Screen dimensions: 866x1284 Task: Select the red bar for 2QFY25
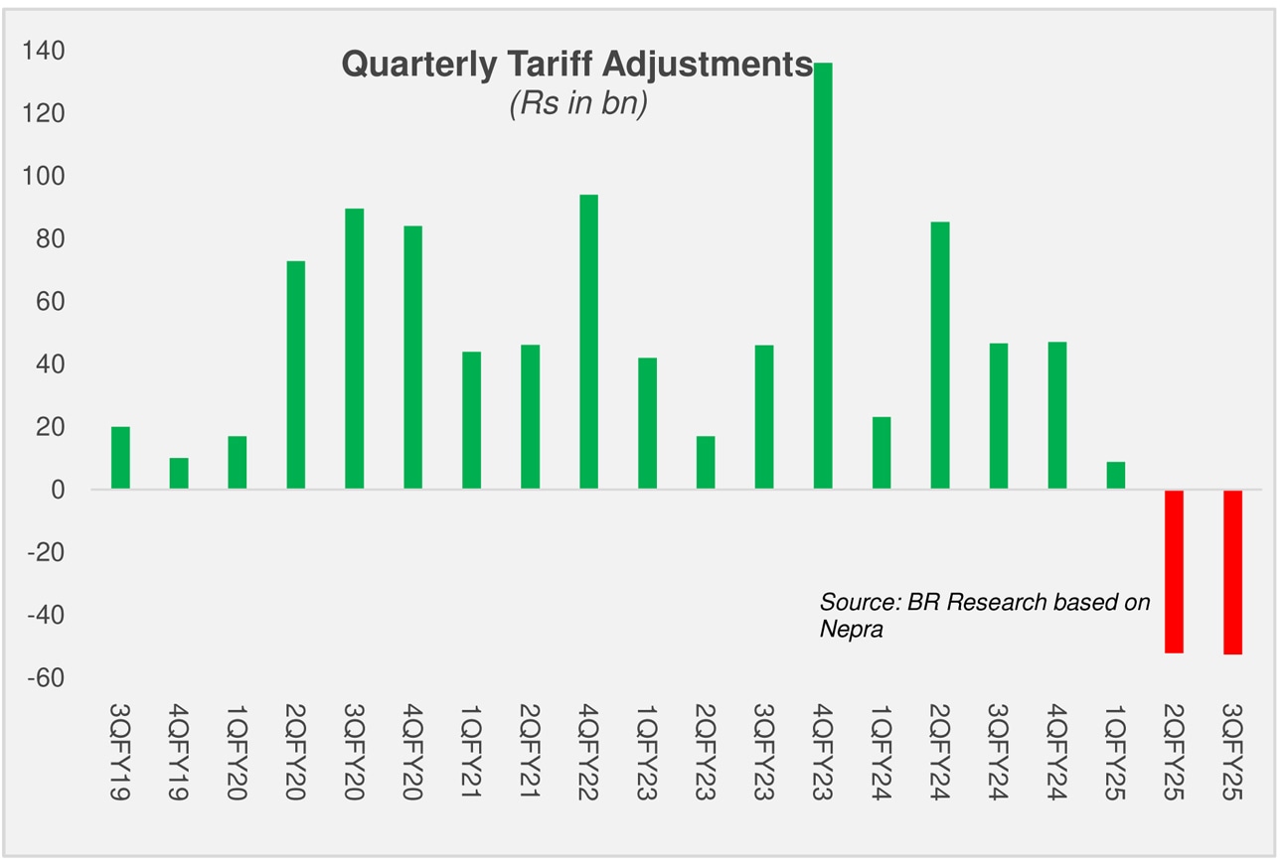tap(1174, 571)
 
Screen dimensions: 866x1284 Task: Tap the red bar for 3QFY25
tap(1232, 572)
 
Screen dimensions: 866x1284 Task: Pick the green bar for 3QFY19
tap(120, 458)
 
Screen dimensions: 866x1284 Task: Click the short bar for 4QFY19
tap(179, 474)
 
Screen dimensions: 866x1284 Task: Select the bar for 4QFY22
tap(588, 342)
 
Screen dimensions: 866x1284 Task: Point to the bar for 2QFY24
tap(939, 356)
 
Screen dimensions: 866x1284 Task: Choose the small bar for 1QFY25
tap(1115, 476)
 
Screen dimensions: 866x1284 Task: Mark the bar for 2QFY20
tap(295, 375)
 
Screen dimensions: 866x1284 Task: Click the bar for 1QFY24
tap(881, 453)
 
